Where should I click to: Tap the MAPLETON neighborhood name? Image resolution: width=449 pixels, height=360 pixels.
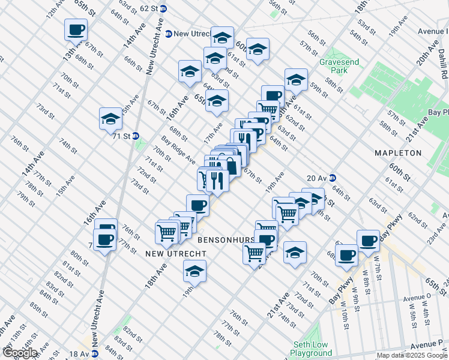point(398,153)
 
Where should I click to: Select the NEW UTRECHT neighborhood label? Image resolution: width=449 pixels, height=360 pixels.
point(176,254)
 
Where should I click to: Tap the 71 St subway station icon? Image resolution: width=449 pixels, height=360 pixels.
point(136,136)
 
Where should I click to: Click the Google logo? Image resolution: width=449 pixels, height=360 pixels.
point(19,353)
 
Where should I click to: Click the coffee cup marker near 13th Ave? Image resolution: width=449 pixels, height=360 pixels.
point(76,30)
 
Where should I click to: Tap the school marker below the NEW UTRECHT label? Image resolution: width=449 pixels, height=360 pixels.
point(194,272)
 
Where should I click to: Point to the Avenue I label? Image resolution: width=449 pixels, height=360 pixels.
point(432,31)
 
